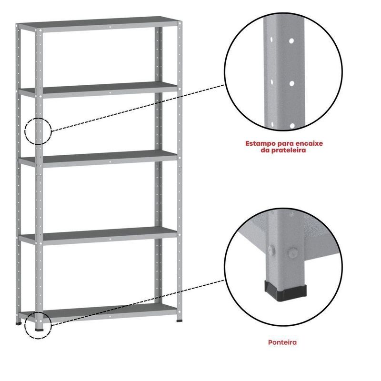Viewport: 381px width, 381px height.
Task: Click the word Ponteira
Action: (282, 342)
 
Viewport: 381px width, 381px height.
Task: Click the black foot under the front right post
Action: (180, 321)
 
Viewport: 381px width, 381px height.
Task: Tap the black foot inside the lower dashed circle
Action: (39, 330)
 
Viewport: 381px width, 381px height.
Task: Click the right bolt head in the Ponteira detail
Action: (293, 253)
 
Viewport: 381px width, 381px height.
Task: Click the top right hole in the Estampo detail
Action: (291, 41)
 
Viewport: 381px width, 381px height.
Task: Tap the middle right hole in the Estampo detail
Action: (292, 84)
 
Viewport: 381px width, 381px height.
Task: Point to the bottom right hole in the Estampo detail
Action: (292, 126)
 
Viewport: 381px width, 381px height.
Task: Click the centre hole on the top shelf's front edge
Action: (110, 27)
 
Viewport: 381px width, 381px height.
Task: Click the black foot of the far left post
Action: (19, 324)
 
